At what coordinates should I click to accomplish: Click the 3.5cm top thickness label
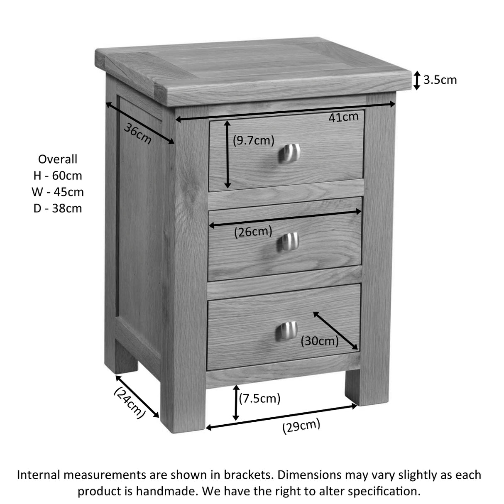coord(440,79)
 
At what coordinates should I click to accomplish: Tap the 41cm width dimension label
coord(343,117)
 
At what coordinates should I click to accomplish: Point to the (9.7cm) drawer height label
coord(253,141)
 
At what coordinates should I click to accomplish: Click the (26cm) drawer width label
coord(253,232)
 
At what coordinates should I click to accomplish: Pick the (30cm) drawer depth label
coord(320,341)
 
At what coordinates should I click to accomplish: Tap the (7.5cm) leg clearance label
coord(260,399)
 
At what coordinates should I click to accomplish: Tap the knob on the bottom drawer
coord(287,331)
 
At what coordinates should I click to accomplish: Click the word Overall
coord(58,159)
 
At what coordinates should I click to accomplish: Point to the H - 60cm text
coord(58,176)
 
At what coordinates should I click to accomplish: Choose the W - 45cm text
coord(58,192)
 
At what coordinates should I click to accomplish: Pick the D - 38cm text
coord(58,208)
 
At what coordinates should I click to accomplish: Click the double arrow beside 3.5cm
coord(417,80)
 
